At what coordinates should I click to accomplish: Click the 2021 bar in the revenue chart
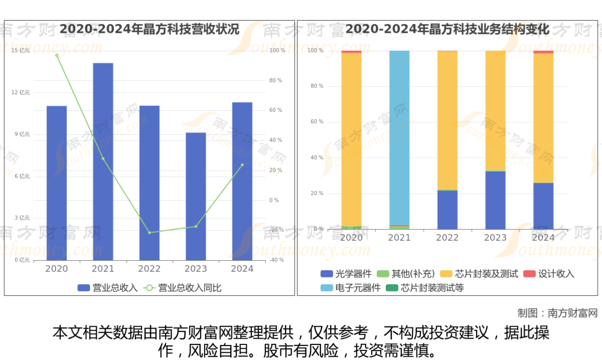[103, 162]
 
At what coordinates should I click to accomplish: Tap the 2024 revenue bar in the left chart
[242, 181]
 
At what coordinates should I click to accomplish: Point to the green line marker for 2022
[149, 232]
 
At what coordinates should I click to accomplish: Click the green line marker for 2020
[56, 55]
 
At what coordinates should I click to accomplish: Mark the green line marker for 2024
[242, 165]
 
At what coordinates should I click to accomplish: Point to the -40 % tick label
[276, 260]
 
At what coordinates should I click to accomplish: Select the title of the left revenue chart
[149, 29]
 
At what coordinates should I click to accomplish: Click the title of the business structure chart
[447, 29]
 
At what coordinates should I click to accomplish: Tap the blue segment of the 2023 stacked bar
[496, 200]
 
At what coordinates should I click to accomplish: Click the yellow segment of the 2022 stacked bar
[448, 120]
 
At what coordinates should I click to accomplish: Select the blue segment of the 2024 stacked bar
[543, 206]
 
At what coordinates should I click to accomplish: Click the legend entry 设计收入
[548, 274]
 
